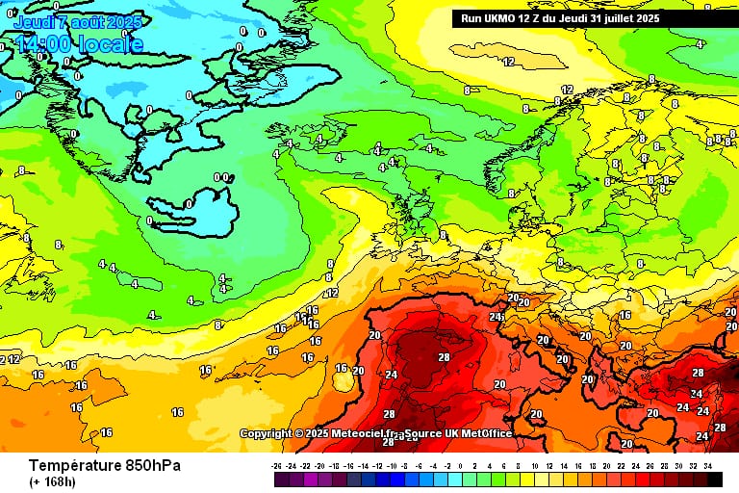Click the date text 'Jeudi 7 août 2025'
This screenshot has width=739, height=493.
(x=77, y=22)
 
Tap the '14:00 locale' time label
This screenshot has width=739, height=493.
(x=79, y=44)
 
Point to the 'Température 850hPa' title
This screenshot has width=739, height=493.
(x=104, y=466)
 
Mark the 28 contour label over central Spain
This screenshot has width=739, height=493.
(x=444, y=357)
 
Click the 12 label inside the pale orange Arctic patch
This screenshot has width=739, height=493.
(x=508, y=62)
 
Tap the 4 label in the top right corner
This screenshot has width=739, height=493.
(x=699, y=44)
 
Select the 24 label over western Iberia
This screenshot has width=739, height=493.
(x=391, y=375)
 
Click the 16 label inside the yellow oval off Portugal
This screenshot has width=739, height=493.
(x=341, y=368)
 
